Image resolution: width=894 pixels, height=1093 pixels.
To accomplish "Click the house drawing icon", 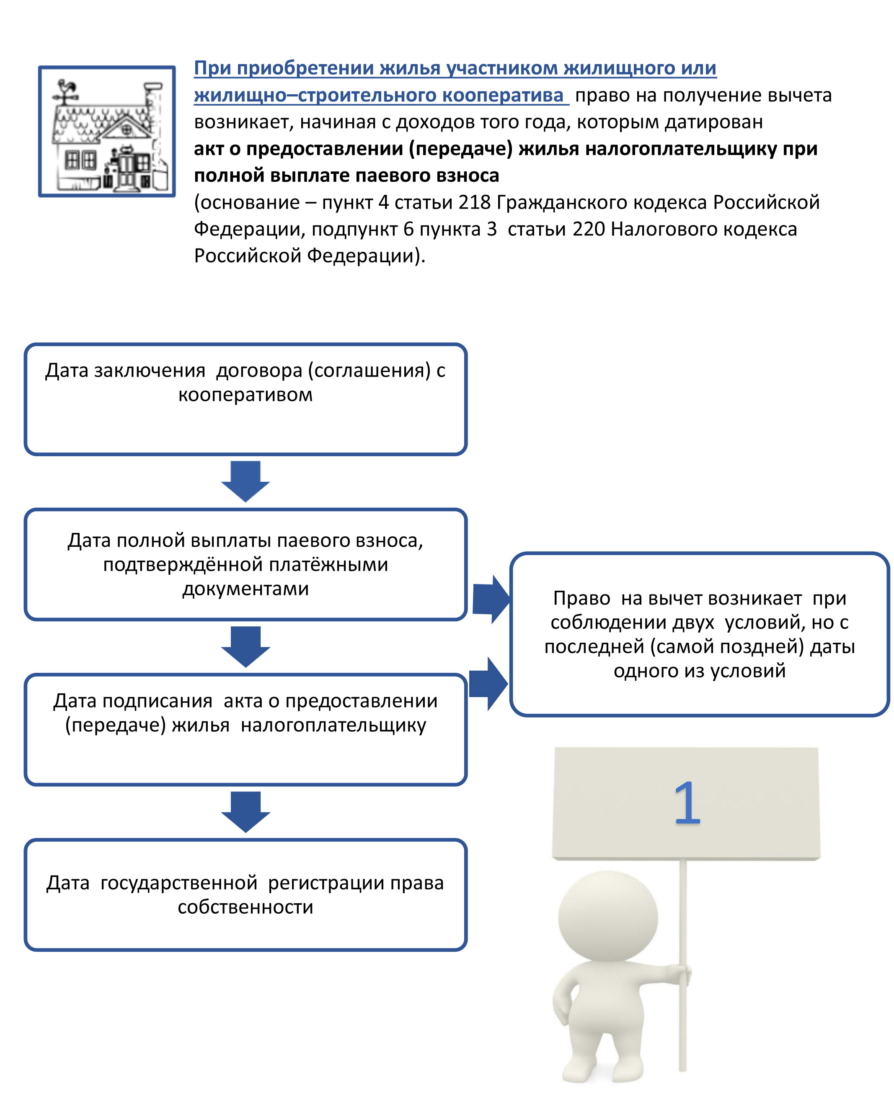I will tap(107, 131).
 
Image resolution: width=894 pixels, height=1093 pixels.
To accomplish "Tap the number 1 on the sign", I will tap(687, 803).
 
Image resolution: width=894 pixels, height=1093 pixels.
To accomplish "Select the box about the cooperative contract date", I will tap(245, 400).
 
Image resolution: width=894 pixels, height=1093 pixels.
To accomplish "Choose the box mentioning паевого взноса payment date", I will tap(245, 564).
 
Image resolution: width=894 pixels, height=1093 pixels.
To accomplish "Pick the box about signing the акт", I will tap(245, 729).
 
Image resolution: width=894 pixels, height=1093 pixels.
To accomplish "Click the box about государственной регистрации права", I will tap(245, 895).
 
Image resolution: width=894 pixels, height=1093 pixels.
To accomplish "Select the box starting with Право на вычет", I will tap(699, 634).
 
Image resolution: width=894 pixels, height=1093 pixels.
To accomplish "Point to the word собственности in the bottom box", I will tap(245, 907).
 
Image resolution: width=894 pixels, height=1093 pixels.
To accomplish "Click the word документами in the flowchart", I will tap(245, 589).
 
